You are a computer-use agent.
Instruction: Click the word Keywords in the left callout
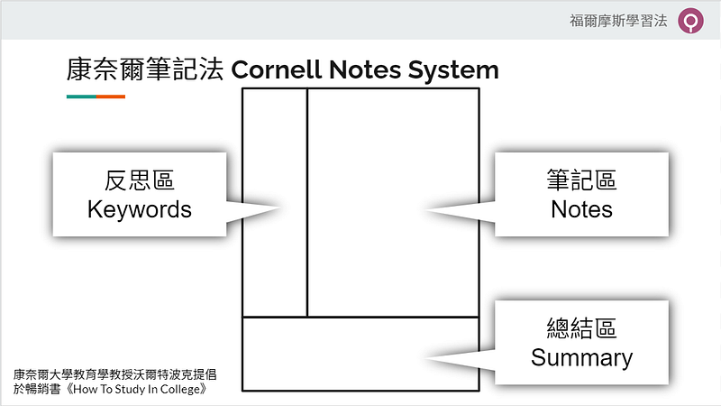coord(140,210)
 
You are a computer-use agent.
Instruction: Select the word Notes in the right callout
coord(581,210)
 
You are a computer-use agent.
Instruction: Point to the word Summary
coord(581,357)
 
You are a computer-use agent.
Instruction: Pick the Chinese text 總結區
coord(581,328)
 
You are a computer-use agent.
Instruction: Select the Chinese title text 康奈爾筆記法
coord(146,69)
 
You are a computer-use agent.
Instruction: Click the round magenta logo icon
coord(692,21)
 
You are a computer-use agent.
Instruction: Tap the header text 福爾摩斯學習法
coord(619,21)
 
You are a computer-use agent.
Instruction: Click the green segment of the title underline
coord(81,97)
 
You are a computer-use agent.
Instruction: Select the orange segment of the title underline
coord(111,97)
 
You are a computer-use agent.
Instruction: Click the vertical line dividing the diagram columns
coord(307,203)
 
